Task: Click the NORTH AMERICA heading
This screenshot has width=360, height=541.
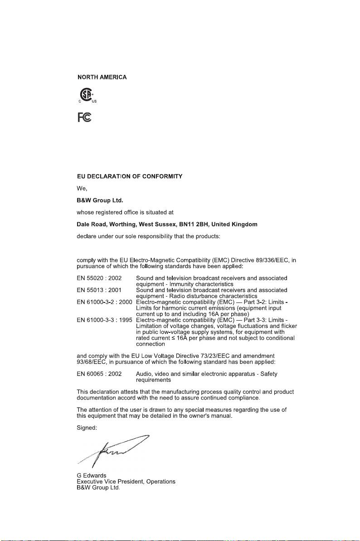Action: (102, 78)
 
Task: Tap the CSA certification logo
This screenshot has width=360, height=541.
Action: (84, 95)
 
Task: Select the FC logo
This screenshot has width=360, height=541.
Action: (84, 117)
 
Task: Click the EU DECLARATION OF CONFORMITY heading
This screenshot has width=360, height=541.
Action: (130, 176)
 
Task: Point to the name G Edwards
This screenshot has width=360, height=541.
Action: (91, 475)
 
